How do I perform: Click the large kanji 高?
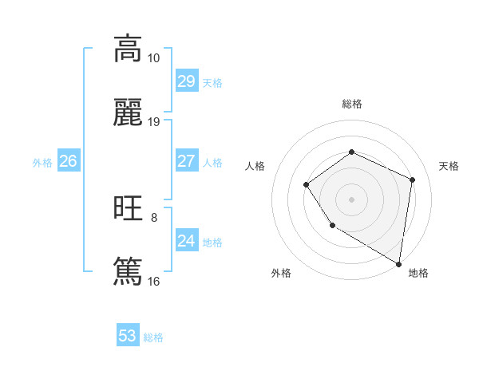(x=128, y=49)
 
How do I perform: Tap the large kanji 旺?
(x=128, y=208)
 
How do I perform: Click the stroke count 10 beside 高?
(x=154, y=58)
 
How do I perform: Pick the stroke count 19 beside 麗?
(x=154, y=122)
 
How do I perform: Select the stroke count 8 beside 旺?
(x=154, y=217)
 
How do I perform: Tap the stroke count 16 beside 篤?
(x=154, y=281)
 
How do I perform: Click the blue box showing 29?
(x=186, y=81)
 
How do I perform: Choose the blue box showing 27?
(x=186, y=161)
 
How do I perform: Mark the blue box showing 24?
(x=186, y=240)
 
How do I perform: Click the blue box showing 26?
(x=68, y=161)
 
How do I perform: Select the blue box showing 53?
(x=127, y=336)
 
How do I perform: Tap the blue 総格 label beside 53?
(x=153, y=337)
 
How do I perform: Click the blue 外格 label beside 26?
(x=42, y=163)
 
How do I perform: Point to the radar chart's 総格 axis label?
(x=351, y=104)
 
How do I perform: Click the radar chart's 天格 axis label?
(x=449, y=166)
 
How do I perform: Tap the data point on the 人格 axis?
(x=307, y=185)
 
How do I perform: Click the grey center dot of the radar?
(x=351, y=199)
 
